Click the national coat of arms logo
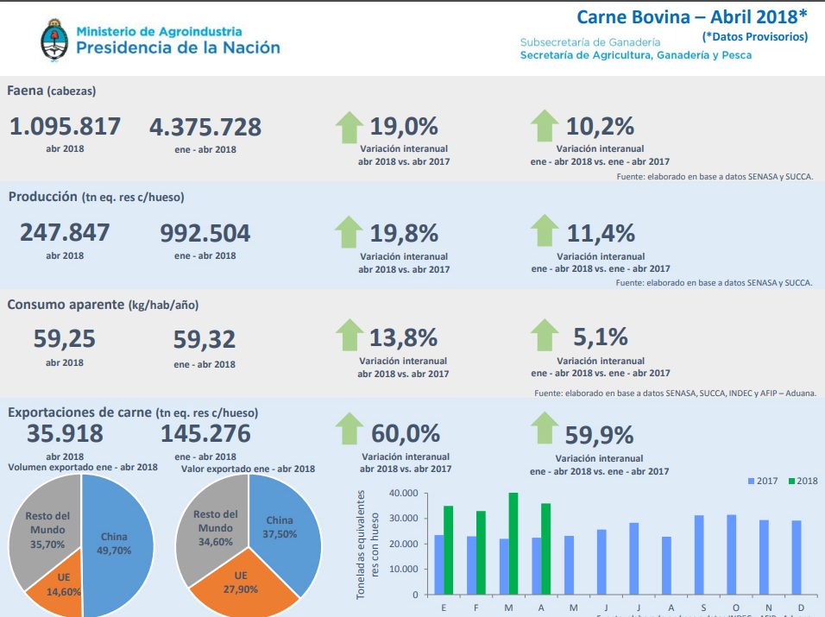(x=54, y=41)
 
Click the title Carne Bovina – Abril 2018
(x=691, y=17)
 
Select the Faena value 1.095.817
(x=66, y=127)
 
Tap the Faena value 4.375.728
(x=205, y=127)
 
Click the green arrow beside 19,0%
(x=349, y=127)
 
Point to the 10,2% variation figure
(x=601, y=126)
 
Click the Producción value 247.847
(x=66, y=233)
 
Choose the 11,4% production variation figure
(x=601, y=233)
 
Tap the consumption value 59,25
(x=65, y=339)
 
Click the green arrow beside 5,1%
(x=545, y=336)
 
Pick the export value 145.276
(x=205, y=433)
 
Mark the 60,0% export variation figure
(x=406, y=433)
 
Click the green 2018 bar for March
(x=513, y=544)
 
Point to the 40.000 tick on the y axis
(x=404, y=494)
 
